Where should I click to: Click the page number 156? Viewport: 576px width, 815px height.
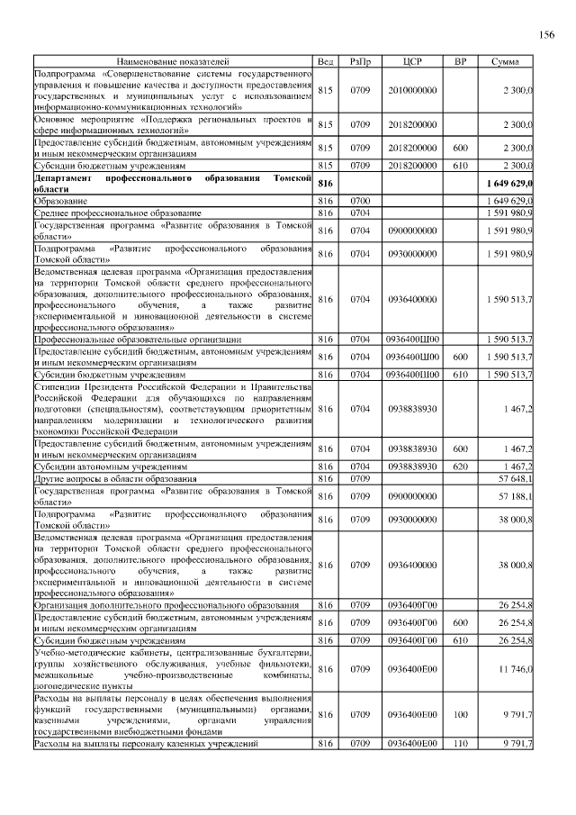pos(546,35)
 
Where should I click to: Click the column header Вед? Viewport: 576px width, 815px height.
pos(326,61)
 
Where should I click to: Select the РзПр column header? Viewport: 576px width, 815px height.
pos(360,61)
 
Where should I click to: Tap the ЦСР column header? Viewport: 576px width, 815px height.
pos(413,61)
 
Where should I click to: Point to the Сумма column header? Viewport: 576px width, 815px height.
pos(505,61)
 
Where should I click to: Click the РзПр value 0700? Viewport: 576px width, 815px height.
pos(360,200)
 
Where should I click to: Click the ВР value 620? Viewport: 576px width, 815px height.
pos(460,466)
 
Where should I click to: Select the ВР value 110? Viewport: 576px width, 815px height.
pos(460,743)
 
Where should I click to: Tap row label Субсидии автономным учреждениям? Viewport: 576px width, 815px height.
pos(111,466)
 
